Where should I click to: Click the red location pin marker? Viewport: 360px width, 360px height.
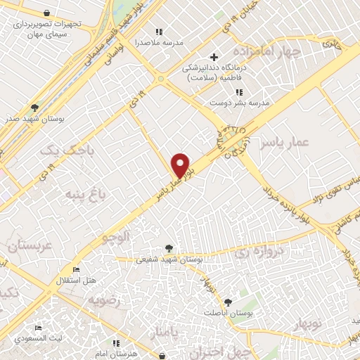pos(181,165)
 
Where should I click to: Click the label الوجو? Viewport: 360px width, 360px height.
pos(116,238)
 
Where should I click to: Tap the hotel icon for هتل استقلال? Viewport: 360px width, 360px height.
pos(77,270)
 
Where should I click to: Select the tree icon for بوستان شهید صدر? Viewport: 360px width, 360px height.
pos(34,108)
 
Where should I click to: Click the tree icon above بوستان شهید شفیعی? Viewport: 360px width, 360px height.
pos(168,247)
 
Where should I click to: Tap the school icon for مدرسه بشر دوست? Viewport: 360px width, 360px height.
pos(240,92)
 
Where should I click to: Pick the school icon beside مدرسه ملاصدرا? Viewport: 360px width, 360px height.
pos(160,32)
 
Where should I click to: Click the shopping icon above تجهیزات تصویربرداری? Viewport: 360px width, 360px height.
pos(46,13)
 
